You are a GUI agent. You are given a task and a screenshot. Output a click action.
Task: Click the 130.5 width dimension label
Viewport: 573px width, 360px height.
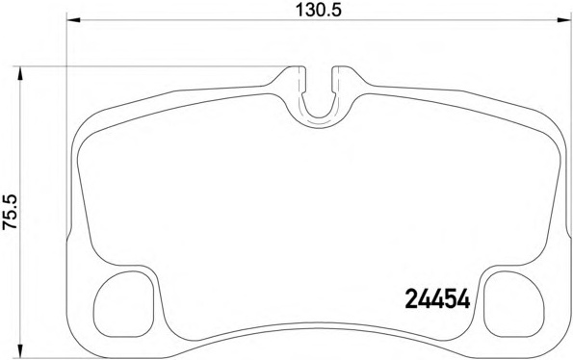pos(319,10)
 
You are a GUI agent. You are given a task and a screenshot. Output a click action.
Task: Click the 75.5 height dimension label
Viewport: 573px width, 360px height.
pos(10,212)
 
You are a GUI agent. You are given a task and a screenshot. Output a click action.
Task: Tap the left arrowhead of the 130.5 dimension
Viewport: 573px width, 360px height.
pos(74,20)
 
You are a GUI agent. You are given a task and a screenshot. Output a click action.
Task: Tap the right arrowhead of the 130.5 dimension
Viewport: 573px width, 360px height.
pos(563,20)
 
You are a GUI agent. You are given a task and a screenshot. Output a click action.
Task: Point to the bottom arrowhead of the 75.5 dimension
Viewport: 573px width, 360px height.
pos(20,349)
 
